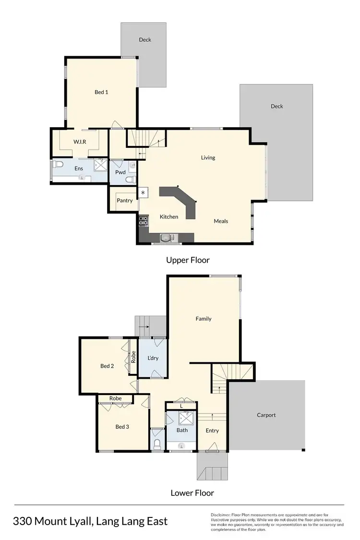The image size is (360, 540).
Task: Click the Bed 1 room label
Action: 101,92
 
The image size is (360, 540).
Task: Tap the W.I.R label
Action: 79,142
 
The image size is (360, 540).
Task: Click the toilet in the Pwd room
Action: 128,180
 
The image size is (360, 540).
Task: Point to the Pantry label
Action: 124,201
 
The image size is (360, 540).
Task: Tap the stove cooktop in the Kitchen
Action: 143,221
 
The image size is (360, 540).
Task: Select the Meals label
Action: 221,221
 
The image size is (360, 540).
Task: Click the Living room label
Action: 208,157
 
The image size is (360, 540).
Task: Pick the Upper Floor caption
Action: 188,260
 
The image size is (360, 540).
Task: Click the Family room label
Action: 204,319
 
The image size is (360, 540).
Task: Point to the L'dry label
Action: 153,358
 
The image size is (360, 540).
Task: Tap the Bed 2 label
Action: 107,366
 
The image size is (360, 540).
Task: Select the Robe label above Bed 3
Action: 115,398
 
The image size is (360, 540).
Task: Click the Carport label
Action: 266,415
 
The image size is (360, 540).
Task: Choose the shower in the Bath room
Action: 185,418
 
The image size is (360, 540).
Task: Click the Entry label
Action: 212,431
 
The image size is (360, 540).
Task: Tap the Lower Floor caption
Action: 192,493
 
